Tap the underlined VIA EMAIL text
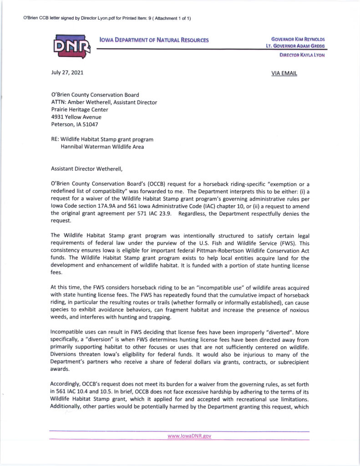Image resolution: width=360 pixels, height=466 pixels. pos(284,73)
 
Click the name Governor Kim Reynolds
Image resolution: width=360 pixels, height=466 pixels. pos(298,39)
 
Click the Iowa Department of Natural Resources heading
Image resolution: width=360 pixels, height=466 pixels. pos(154,40)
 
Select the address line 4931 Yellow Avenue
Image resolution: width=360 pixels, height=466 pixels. pos(76,117)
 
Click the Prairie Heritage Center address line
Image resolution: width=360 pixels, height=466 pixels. pos(80,110)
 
